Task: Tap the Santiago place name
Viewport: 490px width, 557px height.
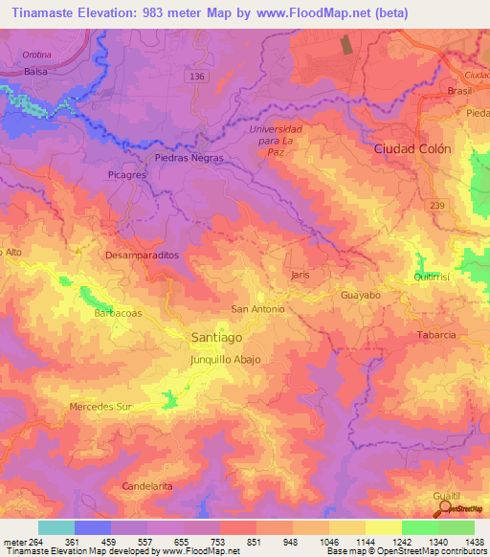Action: (x=215, y=338)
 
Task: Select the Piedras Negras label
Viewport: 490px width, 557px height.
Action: (x=189, y=158)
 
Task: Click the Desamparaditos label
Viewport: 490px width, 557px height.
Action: (x=142, y=256)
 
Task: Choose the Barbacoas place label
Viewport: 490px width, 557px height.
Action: (x=119, y=313)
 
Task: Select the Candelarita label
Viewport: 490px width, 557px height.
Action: (x=147, y=487)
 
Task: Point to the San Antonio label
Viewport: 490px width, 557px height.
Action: (x=258, y=309)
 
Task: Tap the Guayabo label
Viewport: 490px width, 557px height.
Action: (x=361, y=297)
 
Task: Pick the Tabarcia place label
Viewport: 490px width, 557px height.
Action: (x=435, y=335)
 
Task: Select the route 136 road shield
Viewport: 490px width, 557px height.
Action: (x=197, y=77)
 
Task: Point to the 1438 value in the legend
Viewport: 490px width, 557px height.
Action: (x=472, y=541)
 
